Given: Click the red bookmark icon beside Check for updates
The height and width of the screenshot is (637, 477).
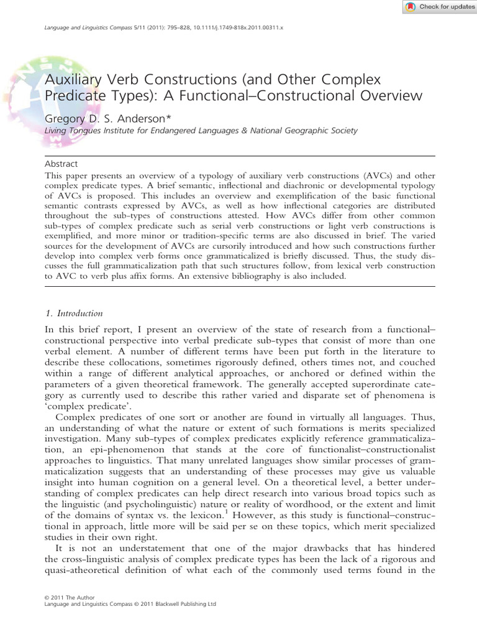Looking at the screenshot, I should coord(411,7).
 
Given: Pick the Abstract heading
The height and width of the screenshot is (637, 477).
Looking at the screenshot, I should coord(61,164).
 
